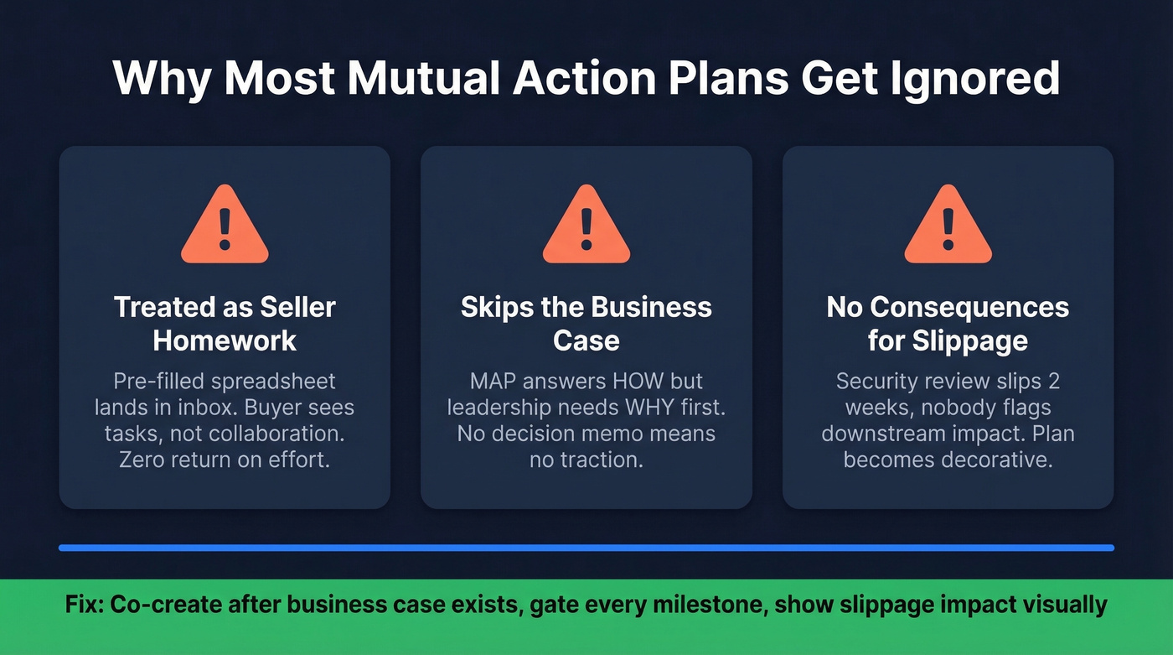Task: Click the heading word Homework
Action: click(225, 340)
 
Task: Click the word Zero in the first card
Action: click(147, 460)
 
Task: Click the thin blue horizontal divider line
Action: click(586, 548)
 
